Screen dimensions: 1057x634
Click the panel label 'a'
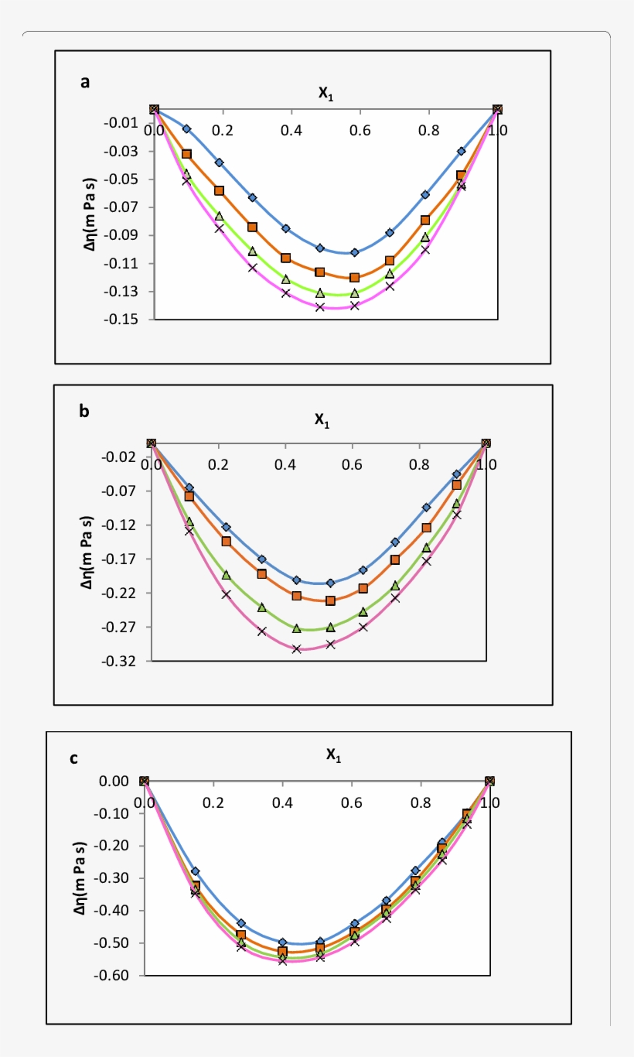[86, 82]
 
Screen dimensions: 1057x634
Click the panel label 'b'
[84, 412]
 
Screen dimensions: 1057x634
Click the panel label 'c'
[73, 758]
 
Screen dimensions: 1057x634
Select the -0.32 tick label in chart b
[121, 662]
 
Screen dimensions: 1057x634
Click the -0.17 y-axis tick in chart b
[121, 559]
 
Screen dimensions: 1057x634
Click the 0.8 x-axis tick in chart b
[419, 466]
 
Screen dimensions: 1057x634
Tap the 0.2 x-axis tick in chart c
[213, 802]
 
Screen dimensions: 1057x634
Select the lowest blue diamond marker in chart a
[355, 252]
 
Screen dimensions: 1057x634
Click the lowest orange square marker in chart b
[330, 600]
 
